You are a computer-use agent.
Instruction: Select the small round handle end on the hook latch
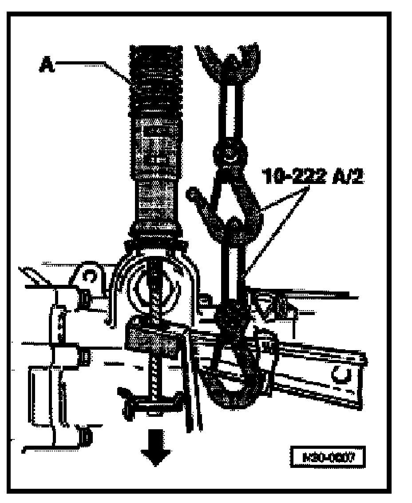coord(191,193)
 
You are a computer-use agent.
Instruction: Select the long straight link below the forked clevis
coord(226,111)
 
